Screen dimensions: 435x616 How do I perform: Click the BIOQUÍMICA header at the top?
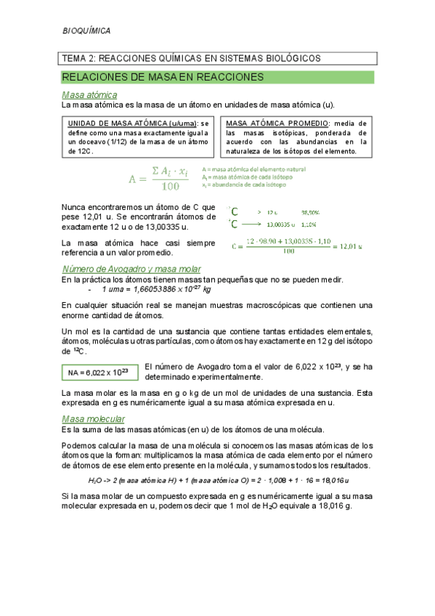tap(86, 31)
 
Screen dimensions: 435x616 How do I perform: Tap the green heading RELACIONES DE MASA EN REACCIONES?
tap(162, 76)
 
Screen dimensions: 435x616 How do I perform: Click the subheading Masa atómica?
tap(89, 95)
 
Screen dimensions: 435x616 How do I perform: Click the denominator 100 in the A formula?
tap(170, 187)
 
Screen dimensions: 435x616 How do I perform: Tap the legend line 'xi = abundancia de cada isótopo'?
tap(244, 185)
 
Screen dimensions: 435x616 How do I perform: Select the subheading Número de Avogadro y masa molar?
tap(126, 269)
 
